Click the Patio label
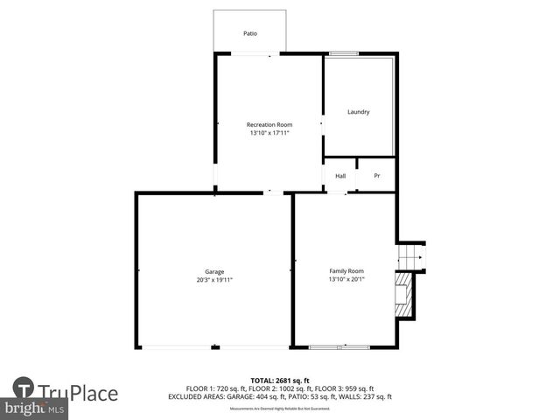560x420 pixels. click(250, 34)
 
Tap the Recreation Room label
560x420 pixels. click(269, 125)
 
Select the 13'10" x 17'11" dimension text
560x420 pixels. click(269, 134)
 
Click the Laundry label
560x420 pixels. click(359, 112)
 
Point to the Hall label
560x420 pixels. click(340, 176)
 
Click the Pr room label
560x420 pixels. click(377, 176)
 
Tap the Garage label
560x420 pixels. click(214, 272)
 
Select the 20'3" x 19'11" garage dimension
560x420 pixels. click(214, 281)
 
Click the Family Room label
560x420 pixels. click(346, 271)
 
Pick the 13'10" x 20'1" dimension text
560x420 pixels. click(346, 280)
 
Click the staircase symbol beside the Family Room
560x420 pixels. click(409, 257)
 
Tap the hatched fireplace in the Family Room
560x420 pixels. click(402, 297)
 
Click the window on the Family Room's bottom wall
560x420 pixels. click(339, 347)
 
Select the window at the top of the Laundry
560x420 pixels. click(343, 53)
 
